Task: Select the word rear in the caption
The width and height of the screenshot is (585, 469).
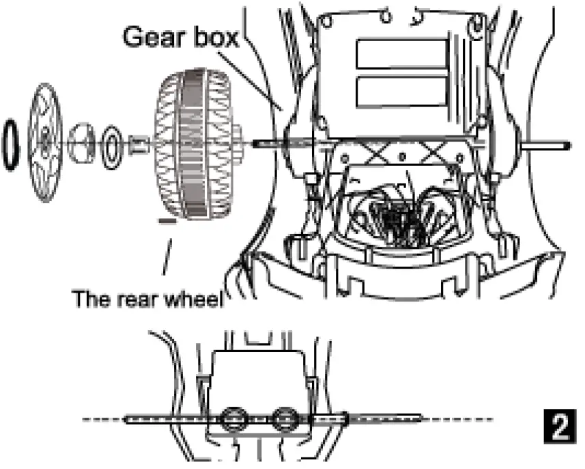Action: point(132,299)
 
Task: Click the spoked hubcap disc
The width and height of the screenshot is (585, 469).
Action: point(46,142)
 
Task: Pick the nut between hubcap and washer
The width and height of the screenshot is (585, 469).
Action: point(83,142)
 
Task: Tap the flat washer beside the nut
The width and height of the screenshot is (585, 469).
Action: point(111,144)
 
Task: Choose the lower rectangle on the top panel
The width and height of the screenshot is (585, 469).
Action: point(402,92)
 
